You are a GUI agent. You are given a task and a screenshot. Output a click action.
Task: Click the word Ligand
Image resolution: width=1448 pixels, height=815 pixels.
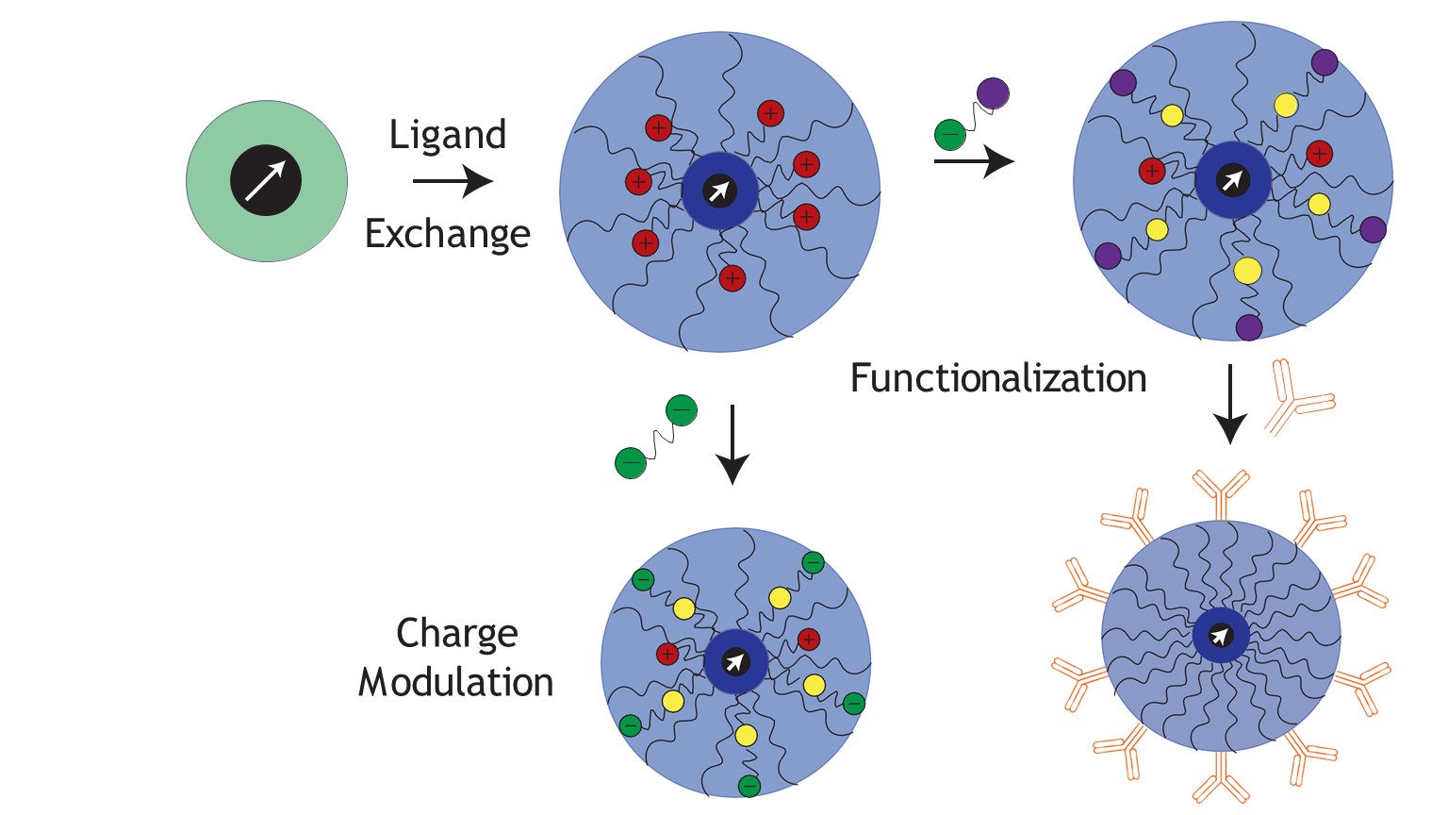pyautogui.click(x=448, y=136)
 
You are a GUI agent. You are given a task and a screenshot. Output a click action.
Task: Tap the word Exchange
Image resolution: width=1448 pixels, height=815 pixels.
pyautogui.click(x=448, y=234)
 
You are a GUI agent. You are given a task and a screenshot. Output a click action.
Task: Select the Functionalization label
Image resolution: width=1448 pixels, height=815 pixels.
pyautogui.click(x=998, y=378)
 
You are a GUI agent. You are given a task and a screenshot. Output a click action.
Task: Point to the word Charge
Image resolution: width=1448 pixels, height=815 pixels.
pyautogui.click(x=457, y=634)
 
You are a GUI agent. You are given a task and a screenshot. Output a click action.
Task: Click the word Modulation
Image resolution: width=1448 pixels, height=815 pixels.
pyautogui.click(x=455, y=682)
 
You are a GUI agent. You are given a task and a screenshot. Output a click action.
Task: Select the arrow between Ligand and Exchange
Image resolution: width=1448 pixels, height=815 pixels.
pyautogui.click(x=452, y=181)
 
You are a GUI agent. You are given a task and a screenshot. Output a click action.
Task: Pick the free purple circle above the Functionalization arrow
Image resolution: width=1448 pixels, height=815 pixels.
pyautogui.click(x=993, y=93)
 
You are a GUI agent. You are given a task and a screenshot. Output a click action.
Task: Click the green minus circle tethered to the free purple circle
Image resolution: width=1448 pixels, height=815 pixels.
pyautogui.click(x=950, y=135)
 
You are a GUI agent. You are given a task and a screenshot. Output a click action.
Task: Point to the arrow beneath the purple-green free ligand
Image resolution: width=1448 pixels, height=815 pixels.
pyautogui.click(x=974, y=162)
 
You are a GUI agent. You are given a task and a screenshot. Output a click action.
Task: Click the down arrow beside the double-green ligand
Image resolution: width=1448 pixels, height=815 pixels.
pyautogui.click(x=732, y=444)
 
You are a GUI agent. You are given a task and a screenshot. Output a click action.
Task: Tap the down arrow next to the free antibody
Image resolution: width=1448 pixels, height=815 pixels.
pyautogui.click(x=1229, y=404)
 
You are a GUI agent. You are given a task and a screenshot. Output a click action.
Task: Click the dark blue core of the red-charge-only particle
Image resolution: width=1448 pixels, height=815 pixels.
pyautogui.click(x=719, y=191)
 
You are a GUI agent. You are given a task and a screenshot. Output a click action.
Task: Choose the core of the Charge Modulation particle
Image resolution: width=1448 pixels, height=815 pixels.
pyautogui.click(x=735, y=661)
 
